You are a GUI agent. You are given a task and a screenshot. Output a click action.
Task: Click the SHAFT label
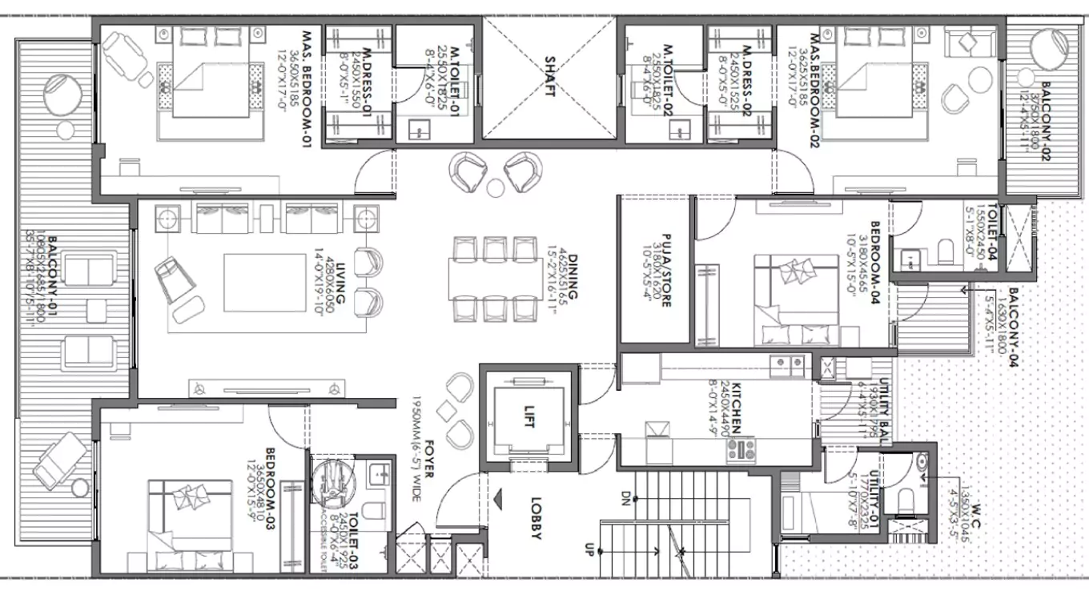[550, 76]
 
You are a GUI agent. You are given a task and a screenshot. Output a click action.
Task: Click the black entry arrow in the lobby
[499, 501]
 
